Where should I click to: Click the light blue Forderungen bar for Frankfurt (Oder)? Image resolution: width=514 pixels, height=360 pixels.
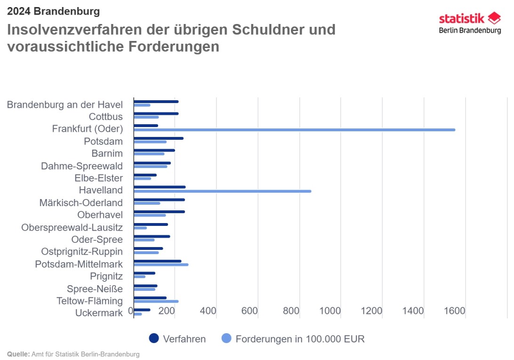(294, 129)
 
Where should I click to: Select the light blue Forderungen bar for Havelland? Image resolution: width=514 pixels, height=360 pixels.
(222, 191)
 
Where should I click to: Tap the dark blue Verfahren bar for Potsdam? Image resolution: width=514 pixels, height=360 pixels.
(159, 138)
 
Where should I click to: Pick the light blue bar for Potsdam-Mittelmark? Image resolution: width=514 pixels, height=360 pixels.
(161, 264)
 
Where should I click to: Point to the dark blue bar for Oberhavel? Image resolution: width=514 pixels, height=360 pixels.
(159, 212)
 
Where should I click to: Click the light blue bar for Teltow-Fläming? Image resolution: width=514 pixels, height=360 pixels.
(156, 301)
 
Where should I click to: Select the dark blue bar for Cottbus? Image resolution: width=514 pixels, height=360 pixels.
(156, 113)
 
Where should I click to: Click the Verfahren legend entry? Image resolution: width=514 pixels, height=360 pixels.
(177, 339)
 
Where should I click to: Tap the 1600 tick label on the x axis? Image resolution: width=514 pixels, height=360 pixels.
(455, 311)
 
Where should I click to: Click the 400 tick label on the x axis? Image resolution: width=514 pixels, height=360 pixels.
(208, 311)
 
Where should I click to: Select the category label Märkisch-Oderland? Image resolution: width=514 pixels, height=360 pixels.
(81, 203)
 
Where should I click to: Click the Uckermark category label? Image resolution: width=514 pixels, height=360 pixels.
(99, 313)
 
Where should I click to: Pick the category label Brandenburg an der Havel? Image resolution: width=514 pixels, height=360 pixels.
(64, 104)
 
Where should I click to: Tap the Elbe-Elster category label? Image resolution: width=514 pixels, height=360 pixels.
(98, 178)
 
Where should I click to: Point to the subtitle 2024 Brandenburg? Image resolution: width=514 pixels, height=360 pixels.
(53, 11)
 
